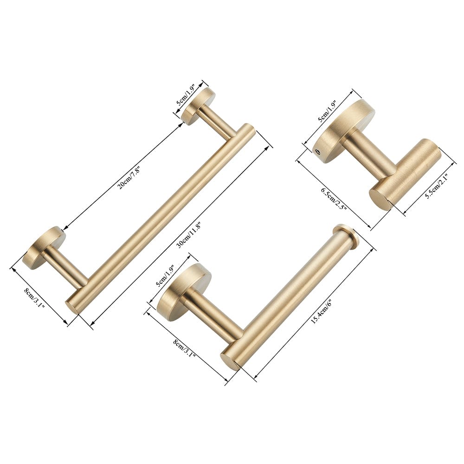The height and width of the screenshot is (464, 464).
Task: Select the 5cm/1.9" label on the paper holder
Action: (x=167, y=277)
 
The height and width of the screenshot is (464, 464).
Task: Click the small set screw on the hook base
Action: (x=318, y=150)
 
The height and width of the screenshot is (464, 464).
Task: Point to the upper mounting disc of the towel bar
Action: (x=197, y=106)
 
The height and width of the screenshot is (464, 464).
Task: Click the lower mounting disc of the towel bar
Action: (x=44, y=248)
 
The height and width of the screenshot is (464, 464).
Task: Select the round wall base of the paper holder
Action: (x=183, y=292)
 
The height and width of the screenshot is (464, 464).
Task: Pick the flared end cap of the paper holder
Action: (x=347, y=237)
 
